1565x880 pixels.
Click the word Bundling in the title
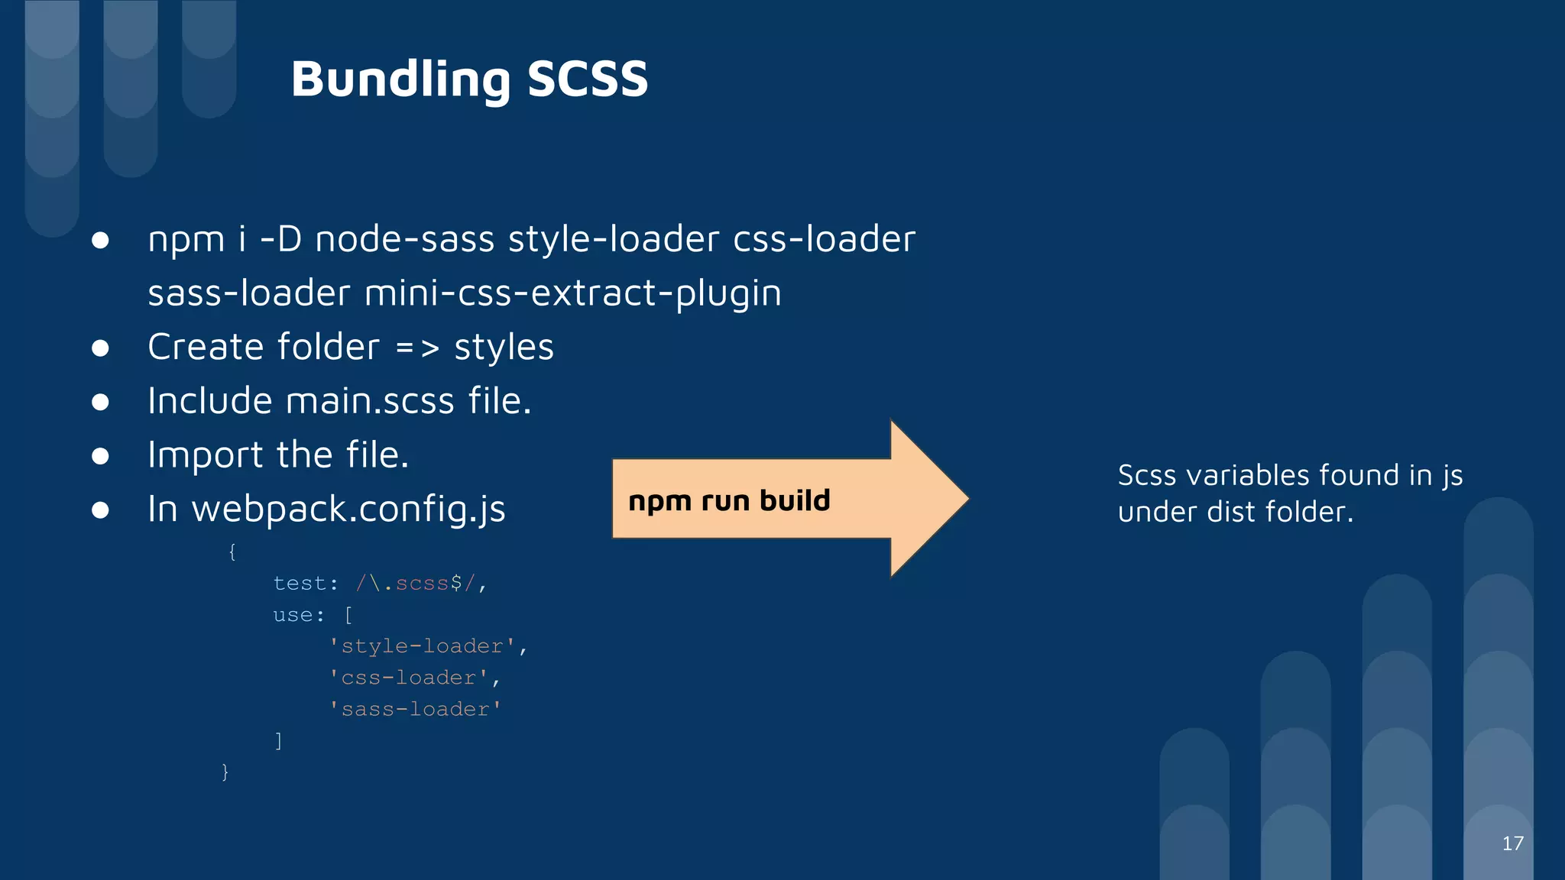(x=400, y=79)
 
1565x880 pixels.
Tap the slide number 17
(x=1512, y=843)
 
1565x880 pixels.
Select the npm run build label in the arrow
(x=729, y=501)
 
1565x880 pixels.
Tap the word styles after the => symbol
(x=504, y=348)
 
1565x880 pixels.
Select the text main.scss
(x=370, y=402)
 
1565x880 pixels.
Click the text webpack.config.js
(x=348, y=510)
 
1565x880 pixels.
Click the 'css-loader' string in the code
(x=409, y=678)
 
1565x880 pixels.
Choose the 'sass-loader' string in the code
(x=415, y=710)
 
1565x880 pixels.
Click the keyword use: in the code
(x=299, y=615)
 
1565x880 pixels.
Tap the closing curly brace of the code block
(x=225, y=772)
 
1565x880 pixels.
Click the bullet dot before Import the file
(x=100, y=456)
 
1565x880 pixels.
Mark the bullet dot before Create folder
(x=100, y=348)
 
